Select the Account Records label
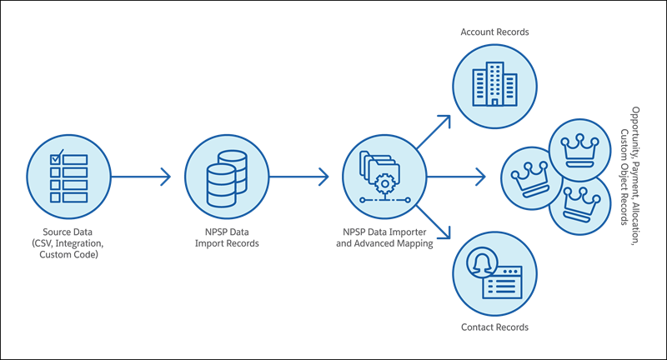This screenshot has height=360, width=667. (x=494, y=32)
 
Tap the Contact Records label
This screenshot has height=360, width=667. (x=494, y=327)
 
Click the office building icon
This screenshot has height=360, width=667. (x=494, y=84)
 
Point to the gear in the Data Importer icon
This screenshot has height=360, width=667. (x=384, y=183)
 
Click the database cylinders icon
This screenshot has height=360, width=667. (x=227, y=178)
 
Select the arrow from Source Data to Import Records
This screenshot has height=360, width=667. (x=140, y=177)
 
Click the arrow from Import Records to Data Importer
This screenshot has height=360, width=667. (x=298, y=177)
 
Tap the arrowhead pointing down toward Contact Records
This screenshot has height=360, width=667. (x=444, y=232)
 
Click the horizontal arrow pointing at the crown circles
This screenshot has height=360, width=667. (x=456, y=177)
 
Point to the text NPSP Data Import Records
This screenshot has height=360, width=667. (x=227, y=237)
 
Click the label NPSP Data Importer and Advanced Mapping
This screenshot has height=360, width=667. (x=384, y=237)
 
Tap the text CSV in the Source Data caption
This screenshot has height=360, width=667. (x=43, y=243)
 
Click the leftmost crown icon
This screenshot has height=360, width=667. (x=530, y=178)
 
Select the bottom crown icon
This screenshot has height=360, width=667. (x=580, y=205)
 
